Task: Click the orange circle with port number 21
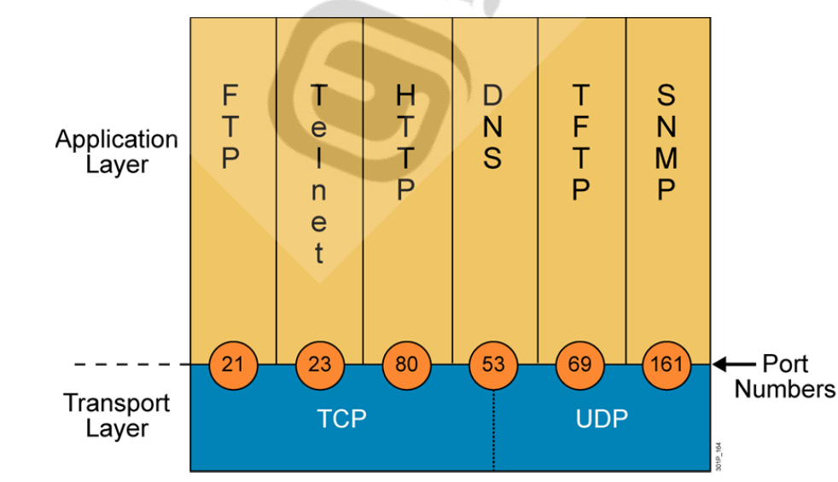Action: click(232, 365)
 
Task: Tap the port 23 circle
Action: click(319, 365)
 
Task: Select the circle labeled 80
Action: click(406, 365)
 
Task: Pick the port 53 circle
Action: click(493, 365)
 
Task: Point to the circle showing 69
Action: click(580, 365)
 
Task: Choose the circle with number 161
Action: click(666, 365)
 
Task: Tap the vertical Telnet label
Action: click(318, 174)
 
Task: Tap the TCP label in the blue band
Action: click(341, 419)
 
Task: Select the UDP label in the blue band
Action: click(602, 419)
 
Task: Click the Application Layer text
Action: click(117, 151)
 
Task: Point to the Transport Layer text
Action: click(117, 415)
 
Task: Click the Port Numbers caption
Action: click(785, 376)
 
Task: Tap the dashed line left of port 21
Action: click(132, 365)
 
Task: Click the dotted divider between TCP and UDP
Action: click(493, 431)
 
